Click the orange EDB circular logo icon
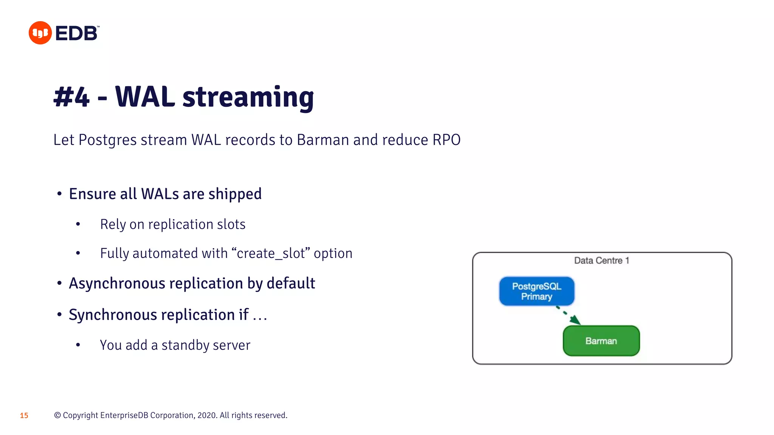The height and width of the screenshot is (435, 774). pyautogui.click(x=40, y=33)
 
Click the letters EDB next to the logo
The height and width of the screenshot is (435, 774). pyautogui.click(x=77, y=33)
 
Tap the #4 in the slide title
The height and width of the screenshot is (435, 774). pyautogui.click(x=71, y=97)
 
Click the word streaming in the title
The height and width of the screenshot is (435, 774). pyautogui.click(x=248, y=97)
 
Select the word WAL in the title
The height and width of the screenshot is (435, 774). pyautogui.click(x=145, y=97)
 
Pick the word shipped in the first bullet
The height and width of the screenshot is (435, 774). pyautogui.click(x=235, y=194)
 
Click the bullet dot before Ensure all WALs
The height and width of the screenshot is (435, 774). pyautogui.click(x=59, y=194)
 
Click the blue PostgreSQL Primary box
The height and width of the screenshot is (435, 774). pyautogui.click(x=536, y=291)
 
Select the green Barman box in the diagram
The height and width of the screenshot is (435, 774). pyautogui.click(x=601, y=341)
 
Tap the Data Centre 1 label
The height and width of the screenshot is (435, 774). pyautogui.click(x=601, y=261)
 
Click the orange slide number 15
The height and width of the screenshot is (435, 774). pyautogui.click(x=24, y=415)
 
